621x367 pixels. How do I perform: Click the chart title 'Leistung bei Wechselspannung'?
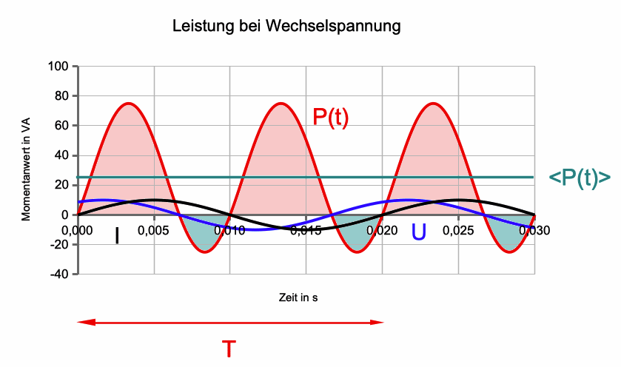coord(286,27)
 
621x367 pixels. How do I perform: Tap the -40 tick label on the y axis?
coord(59,274)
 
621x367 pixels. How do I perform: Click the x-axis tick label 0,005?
coord(153,230)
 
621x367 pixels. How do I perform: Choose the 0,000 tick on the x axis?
coord(77,230)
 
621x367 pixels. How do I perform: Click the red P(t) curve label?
coord(329,118)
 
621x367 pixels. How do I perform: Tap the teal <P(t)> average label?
coord(580,178)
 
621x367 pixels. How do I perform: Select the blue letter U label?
coord(419,232)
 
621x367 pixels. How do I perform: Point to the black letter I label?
coord(116,235)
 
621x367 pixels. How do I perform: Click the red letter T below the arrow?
coord(230,348)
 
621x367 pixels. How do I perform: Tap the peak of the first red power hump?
coord(129,103)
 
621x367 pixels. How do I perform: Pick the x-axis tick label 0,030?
coord(534,230)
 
